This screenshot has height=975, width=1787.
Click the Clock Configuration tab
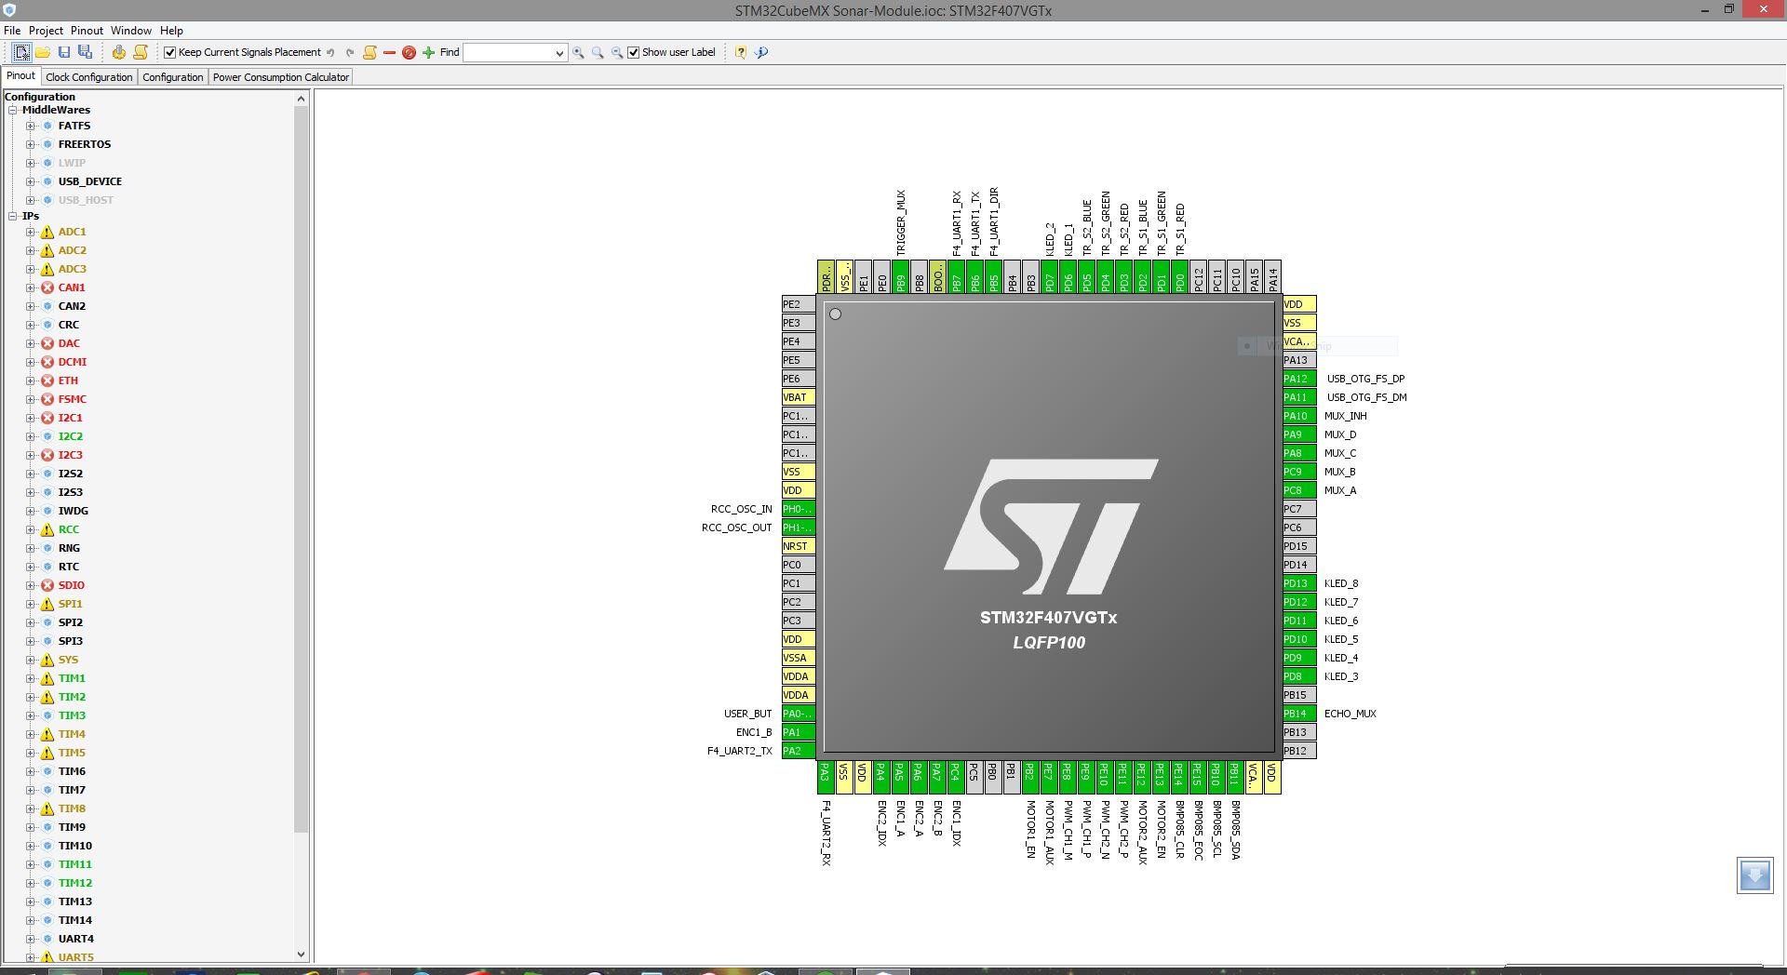click(89, 77)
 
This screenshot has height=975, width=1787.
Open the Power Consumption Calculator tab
click(280, 77)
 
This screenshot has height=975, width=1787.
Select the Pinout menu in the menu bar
click(87, 31)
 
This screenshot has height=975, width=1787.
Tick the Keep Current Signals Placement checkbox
click(170, 53)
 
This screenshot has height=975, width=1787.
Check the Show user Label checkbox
click(634, 53)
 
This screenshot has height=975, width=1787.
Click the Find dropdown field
click(514, 53)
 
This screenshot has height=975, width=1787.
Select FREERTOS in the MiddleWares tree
click(84, 144)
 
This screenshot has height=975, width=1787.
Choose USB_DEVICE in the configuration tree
click(89, 181)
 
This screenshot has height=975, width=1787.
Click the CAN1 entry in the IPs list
click(72, 287)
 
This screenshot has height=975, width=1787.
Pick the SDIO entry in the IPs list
click(71, 585)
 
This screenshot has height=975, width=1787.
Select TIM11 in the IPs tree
click(74, 864)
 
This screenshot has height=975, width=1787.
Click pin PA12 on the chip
click(1298, 379)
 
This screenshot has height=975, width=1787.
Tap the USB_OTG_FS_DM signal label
click(1366, 397)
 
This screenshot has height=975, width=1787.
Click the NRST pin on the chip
click(798, 546)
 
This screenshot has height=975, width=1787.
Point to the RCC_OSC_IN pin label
click(741, 509)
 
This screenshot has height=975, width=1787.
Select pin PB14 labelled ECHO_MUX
click(1298, 714)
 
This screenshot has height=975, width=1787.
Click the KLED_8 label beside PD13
click(1341, 583)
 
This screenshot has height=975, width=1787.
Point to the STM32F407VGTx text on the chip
click(1048, 618)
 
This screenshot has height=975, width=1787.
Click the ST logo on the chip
click(1050, 526)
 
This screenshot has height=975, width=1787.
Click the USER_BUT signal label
click(747, 714)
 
